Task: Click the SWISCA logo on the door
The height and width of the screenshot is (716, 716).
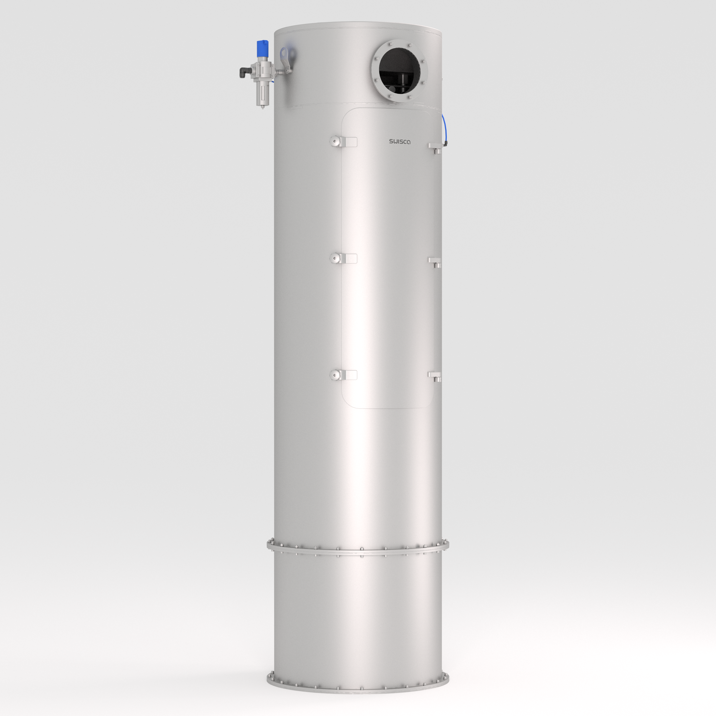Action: click(400, 141)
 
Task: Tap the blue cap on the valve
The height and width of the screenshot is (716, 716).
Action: click(263, 47)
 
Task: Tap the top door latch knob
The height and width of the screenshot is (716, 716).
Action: click(335, 141)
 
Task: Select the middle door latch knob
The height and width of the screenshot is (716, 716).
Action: click(335, 258)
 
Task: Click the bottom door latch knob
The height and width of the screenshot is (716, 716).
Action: click(335, 375)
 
